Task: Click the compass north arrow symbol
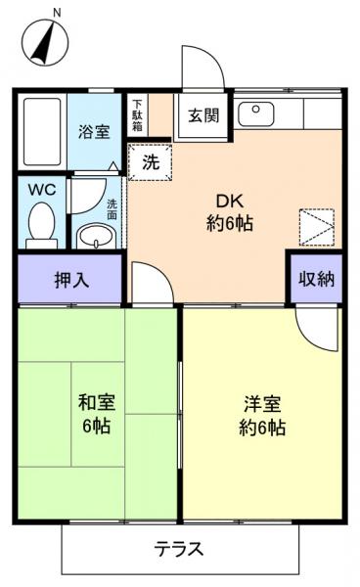point(44,44)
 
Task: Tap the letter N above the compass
point(56,13)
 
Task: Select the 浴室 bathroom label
point(94,130)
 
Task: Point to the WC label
point(41,188)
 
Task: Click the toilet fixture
point(42,221)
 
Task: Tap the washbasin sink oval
point(96,235)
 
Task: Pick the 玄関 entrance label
point(202,114)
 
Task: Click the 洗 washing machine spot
point(150,162)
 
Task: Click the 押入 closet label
point(71,279)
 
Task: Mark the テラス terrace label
point(179,549)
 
